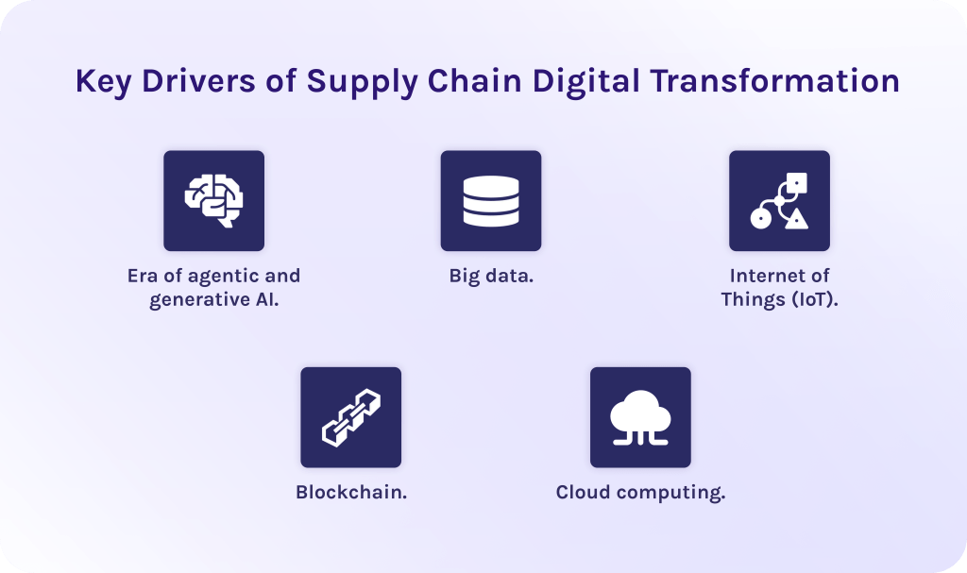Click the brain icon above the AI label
tap(213, 200)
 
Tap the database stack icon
tap(491, 200)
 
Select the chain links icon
tap(350, 417)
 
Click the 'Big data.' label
tap(491, 277)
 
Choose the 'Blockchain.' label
tap(351, 492)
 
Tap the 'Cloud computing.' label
tap(640, 492)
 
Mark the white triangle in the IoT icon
tap(798, 220)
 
